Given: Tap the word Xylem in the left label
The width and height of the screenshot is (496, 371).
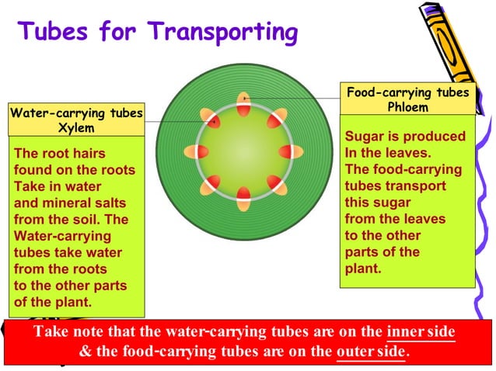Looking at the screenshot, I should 76,127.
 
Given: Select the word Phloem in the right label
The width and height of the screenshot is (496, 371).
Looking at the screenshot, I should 408,107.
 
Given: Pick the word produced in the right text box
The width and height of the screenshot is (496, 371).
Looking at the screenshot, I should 431,137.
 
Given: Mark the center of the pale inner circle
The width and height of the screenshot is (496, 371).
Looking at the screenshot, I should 243,151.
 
